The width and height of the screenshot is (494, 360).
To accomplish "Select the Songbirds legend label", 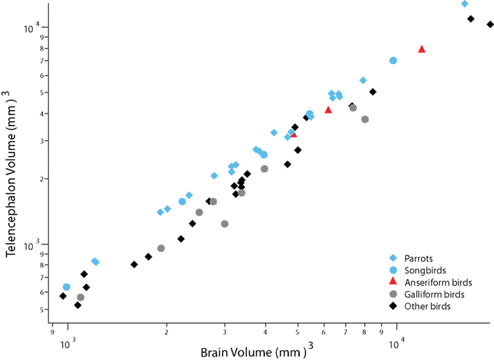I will (427, 269).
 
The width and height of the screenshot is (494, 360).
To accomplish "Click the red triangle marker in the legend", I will (393, 281).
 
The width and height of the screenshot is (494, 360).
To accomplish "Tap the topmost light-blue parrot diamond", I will (465, 3).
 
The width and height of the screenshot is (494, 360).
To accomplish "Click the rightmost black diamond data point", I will (491, 24).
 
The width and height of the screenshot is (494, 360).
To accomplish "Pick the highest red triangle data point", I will (422, 49).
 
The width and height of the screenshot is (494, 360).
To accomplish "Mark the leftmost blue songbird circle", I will (67, 287).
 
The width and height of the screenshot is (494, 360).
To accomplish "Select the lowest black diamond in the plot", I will (78, 305).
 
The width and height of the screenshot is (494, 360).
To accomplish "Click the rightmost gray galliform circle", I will (365, 119).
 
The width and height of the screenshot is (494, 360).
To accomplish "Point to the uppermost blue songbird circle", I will (393, 61).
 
